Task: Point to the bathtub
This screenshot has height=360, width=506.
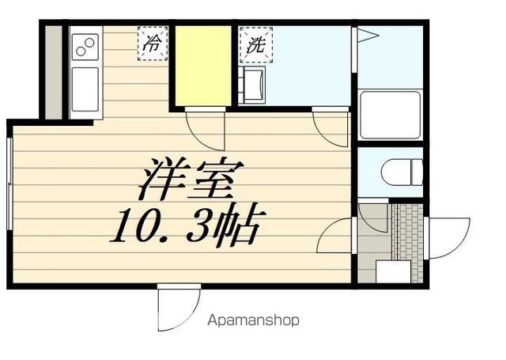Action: (391, 115)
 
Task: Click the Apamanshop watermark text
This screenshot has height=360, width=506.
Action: (253, 320)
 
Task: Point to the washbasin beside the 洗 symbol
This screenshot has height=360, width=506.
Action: (254, 85)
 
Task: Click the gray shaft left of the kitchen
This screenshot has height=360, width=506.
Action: (53, 72)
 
